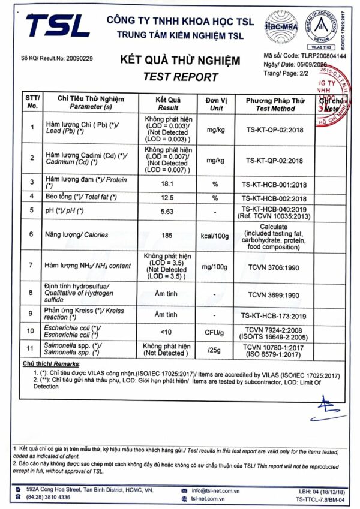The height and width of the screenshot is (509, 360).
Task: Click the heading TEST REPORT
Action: click(x=181, y=77)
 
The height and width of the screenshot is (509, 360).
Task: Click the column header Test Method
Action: click(x=275, y=109)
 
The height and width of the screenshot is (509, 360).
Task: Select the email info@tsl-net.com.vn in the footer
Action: click(x=217, y=489)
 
